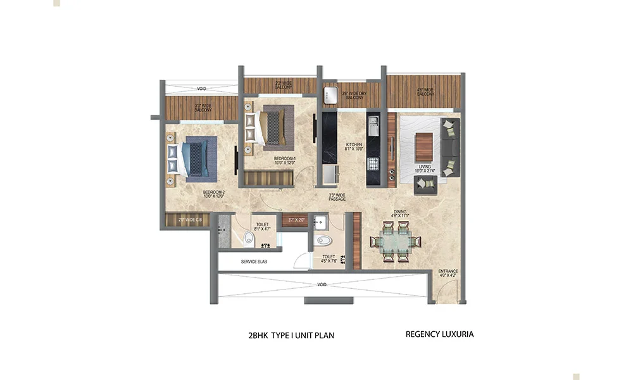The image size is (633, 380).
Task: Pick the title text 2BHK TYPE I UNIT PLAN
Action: (x=291, y=336)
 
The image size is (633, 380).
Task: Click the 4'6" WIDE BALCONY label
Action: (x=425, y=92)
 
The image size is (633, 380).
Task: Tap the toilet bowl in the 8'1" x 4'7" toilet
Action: (x=249, y=239)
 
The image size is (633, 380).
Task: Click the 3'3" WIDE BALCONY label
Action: (x=203, y=108)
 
